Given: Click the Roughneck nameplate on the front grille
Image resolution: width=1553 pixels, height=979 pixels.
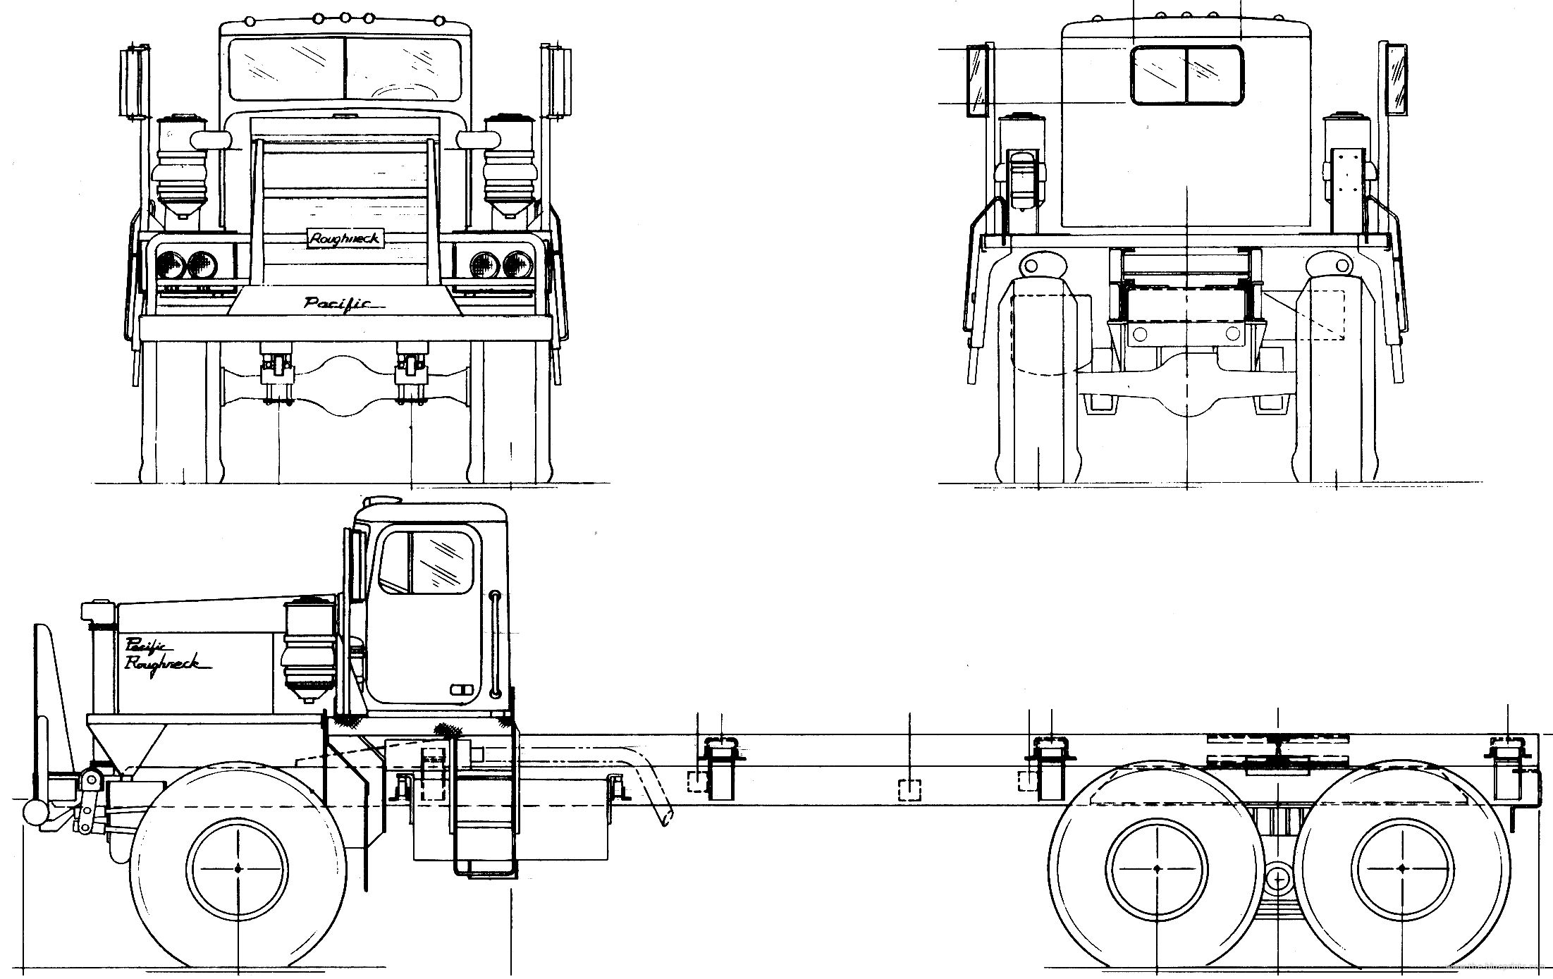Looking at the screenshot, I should click(x=345, y=239).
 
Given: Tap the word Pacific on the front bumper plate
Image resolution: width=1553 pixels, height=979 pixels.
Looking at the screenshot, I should click(x=338, y=303).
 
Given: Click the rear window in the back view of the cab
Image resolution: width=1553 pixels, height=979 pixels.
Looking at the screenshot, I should click(x=1187, y=75).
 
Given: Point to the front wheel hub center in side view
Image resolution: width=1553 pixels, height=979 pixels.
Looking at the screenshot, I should click(x=239, y=868).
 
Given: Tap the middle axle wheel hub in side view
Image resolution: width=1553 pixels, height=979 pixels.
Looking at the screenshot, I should click(x=1157, y=868).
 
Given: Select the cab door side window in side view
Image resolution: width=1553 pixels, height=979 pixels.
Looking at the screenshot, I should click(x=426, y=562).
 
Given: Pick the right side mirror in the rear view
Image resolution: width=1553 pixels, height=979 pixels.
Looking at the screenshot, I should click(x=1397, y=79).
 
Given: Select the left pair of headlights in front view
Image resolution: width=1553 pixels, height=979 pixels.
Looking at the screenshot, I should click(x=186, y=265).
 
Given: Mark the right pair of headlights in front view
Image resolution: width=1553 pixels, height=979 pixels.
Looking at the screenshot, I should click(x=503, y=265).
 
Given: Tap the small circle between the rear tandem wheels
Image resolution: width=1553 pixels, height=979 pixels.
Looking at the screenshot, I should click(x=1277, y=879).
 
